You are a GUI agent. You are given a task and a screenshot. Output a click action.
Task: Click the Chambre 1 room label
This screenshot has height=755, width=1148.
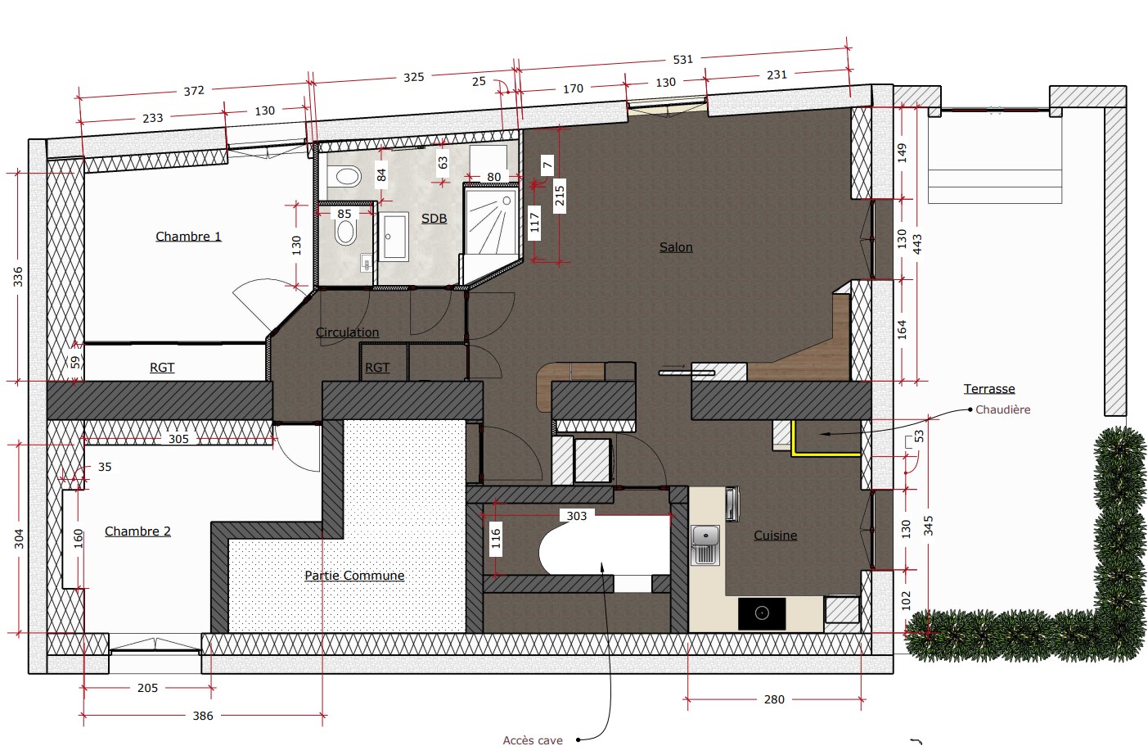[x=188, y=237]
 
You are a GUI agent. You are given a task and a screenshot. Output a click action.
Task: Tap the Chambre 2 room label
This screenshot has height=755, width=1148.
[x=137, y=531]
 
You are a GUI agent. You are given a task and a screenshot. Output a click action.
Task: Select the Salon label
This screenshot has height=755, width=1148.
[x=676, y=247]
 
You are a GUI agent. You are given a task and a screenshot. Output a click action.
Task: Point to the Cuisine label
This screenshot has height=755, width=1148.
[x=775, y=536]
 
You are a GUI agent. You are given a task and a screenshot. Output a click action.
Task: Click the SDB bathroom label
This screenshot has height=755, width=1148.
[x=434, y=219]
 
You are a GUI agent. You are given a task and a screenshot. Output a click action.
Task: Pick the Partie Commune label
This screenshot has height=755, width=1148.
[x=354, y=576]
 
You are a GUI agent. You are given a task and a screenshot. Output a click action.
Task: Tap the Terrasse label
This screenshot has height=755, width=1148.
[x=989, y=389]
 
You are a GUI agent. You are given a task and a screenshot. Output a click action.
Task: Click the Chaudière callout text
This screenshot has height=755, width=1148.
[x=1002, y=409]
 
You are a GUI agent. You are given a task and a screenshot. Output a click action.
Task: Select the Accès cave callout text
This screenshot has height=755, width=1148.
[x=533, y=740]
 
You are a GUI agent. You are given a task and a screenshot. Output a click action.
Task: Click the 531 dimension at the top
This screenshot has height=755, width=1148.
[x=682, y=60]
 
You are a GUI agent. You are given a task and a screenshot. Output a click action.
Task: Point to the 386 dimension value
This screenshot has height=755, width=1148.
[x=203, y=716]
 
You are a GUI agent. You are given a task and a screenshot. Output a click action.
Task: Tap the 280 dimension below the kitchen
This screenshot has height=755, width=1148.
[x=774, y=699]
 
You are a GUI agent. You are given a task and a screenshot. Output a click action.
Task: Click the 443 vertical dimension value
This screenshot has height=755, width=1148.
[x=917, y=244]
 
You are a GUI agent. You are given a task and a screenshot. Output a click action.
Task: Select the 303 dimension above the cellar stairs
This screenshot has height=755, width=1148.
[x=577, y=516]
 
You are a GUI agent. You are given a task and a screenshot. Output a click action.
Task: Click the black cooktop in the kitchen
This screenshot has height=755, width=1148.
[x=762, y=613]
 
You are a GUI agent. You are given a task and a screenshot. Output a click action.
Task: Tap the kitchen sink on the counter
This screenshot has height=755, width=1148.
[x=705, y=545]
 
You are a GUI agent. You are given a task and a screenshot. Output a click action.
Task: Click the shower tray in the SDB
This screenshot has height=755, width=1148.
[x=491, y=221]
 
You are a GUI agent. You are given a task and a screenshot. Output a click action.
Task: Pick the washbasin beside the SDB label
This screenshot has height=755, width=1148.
[x=394, y=237]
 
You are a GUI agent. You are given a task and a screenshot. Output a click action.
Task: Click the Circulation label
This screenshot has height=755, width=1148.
[x=348, y=332]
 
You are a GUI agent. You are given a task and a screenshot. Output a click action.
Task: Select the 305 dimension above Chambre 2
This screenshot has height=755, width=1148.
[x=178, y=439]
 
